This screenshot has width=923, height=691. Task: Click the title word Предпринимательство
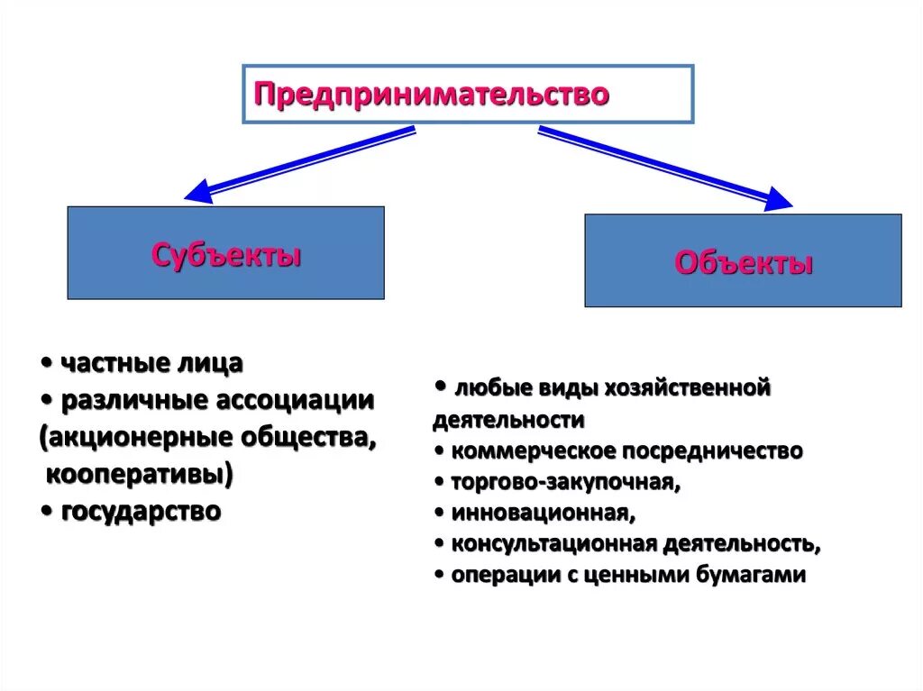[x=432, y=94]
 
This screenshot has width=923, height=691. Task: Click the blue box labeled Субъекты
[x=226, y=253]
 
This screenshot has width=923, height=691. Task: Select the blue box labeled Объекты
[x=743, y=262]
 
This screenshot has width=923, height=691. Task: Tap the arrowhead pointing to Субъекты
[x=197, y=191]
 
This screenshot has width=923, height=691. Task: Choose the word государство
[x=142, y=512]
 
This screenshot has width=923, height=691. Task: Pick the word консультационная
[x=553, y=543]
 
